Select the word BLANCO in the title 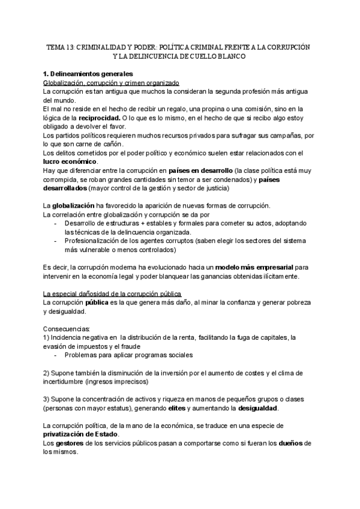click(x=233, y=56)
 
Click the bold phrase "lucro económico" click(x=71, y=161)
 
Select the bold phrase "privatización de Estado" click(x=81, y=434)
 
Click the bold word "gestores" click(x=70, y=443)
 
